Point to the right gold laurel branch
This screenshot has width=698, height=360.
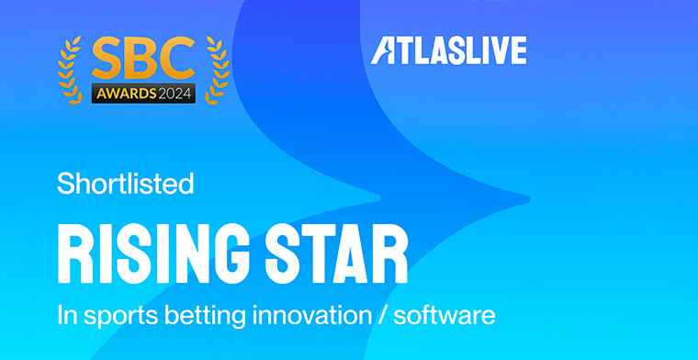coord(216,69)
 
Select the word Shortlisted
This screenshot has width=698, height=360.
coord(125,184)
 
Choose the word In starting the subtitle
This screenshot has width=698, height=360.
coord(65,317)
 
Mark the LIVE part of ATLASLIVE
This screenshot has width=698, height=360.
coord(496,52)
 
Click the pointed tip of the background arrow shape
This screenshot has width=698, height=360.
coord(527,198)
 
